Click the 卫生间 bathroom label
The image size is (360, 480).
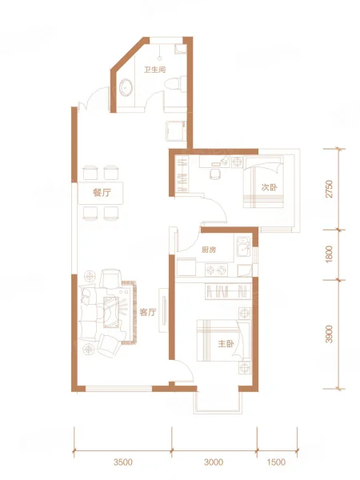click(x=155, y=70)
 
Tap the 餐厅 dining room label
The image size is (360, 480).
click(x=102, y=193)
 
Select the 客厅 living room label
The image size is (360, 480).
click(x=148, y=312)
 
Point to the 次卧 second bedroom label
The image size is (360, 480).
click(x=270, y=187)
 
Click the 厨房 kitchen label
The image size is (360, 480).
click(x=209, y=250)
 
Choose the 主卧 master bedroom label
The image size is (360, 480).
click(x=226, y=344)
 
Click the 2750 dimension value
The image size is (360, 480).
click(x=329, y=189)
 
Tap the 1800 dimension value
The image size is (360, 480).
click(x=329, y=254)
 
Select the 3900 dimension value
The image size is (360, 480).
click(x=329, y=334)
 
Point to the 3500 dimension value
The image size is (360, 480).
click(x=122, y=462)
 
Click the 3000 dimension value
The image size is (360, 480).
click(x=214, y=462)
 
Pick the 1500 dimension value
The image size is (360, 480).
click(x=276, y=462)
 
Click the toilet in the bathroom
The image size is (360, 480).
click(x=175, y=83)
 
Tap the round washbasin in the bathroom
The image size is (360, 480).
click(x=126, y=87)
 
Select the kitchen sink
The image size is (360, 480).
click(x=243, y=246)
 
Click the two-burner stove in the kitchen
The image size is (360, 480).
click(x=217, y=270)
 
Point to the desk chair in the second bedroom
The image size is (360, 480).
click(x=215, y=174)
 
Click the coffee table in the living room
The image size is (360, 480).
click(x=110, y=312)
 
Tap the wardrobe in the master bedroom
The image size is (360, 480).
click(x=228, y=291)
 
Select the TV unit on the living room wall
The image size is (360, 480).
click(x=164, y=310)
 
